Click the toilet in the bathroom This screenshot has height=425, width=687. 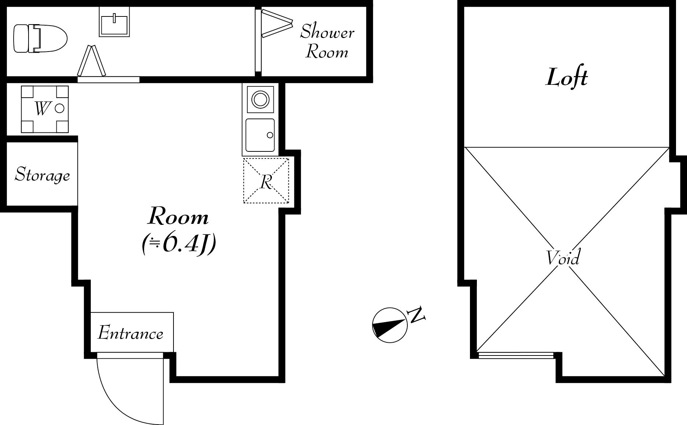coord(40,38)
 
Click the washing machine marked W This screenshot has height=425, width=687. coord(45,109)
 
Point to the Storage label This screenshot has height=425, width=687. coord(42,175)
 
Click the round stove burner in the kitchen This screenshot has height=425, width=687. coord(261,99)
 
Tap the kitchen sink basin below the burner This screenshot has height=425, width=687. coord(260,135)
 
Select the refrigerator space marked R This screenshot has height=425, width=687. coord(266,180)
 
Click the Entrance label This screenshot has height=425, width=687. coord(130,333)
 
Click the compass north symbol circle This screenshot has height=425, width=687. coord(389,325)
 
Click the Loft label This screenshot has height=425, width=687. coord(567,78)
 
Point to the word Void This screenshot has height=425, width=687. coord(563,257)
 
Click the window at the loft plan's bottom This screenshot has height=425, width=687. coord(516,355)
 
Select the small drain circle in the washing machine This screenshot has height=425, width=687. coord(60,108)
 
